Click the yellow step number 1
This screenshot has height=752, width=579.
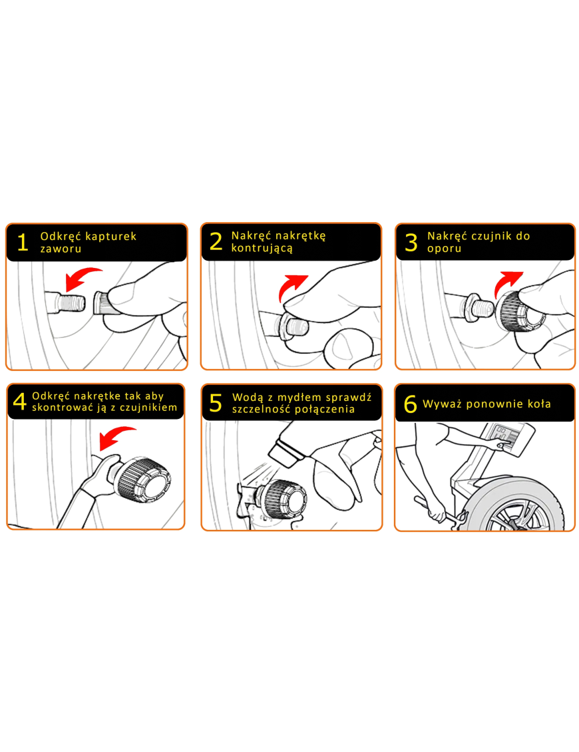coord(22,243)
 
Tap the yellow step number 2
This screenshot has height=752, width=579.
coord(216,241)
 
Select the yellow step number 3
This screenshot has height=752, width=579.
coord(411,242)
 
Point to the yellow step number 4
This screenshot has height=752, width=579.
coord(20,402)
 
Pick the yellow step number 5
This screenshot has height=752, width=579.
coord(216,403)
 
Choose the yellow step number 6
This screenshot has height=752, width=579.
coord(411,404)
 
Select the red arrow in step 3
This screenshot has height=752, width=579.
coord(508,283)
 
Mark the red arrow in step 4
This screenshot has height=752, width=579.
coord(116,436)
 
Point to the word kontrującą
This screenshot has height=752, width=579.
coord(262,249)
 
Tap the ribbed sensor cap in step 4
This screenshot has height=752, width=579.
coord(144,479)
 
